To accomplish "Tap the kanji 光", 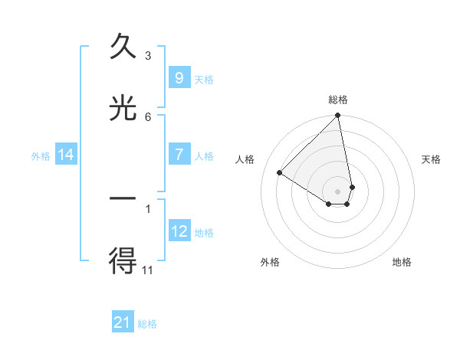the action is coord(123,110).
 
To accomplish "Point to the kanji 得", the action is coord(123,261).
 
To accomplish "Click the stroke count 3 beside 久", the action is coord(148,55).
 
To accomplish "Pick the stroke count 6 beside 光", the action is coord(148,116).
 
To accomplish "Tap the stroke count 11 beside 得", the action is coord(148,270).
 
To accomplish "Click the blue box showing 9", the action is coord(179,77).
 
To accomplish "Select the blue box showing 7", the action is coord(179,155).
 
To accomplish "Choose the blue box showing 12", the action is coord(179,231).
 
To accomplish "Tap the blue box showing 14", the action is coord(65,155).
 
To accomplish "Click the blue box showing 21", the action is coord(123,322).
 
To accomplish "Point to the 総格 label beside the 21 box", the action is coord(147,324).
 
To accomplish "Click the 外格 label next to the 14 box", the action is coord(41,155).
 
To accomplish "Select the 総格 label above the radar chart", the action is coord(338,100).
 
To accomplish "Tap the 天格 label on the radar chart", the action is coord(432,159).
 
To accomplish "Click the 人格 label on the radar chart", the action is coord(245,159).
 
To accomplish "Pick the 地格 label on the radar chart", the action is coord(402,262).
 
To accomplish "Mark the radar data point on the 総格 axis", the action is coord(338,116).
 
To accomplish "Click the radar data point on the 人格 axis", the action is coord(280,172).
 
